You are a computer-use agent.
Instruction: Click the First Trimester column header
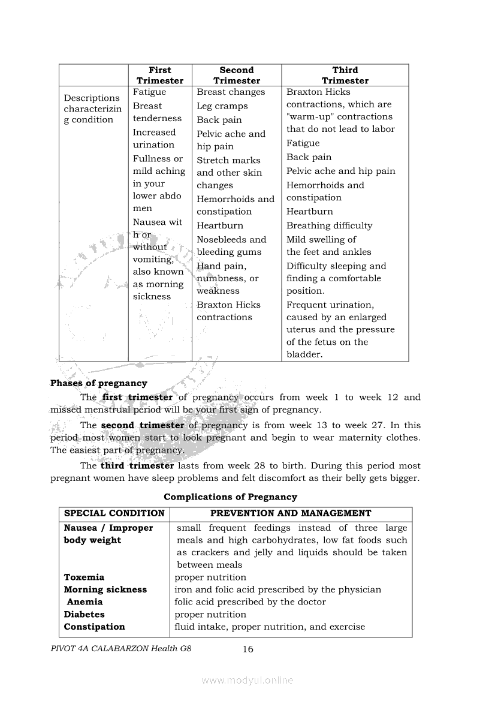click(159, 76)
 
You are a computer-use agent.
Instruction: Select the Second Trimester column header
click(237, 76)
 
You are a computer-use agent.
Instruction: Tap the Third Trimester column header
click(345, 76)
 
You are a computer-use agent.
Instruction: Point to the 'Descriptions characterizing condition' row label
click(92, 109)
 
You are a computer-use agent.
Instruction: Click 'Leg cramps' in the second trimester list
click(222, 106)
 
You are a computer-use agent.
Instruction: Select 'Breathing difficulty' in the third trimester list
click(329, 225)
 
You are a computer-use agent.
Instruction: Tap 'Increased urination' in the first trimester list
click(154, 139)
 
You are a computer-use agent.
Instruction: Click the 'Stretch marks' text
click(228, 160)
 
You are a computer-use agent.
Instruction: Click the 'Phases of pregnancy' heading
click(99, 383)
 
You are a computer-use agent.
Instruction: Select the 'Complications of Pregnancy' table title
click(230, 497)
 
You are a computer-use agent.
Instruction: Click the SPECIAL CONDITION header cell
click(114, 513)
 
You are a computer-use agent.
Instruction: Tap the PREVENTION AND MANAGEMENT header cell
click(291, 513)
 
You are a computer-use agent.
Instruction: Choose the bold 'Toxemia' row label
click(84, 577)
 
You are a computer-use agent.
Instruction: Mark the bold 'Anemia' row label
click(84, 601)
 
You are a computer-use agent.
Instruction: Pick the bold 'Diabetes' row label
click(84, 614)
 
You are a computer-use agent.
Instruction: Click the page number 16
click(248, 649)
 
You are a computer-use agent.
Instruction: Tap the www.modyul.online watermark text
click(248, 680)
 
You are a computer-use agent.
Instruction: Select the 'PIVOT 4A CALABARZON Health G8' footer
click(122, 649)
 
